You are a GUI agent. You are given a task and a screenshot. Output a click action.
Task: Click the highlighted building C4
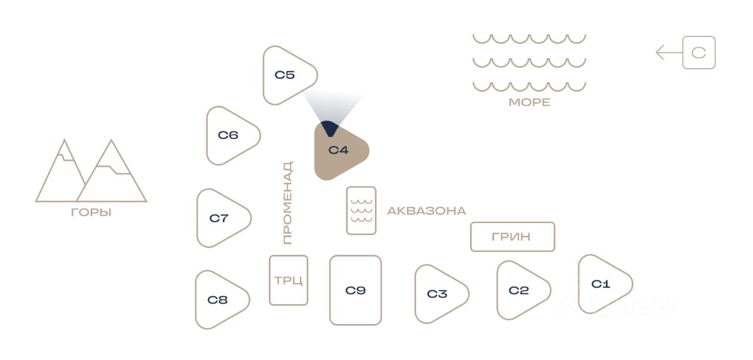pos(339,151)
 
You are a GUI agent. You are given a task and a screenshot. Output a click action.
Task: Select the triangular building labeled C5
pos(286,75)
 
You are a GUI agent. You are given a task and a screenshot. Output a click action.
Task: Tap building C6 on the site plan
pos(229,135)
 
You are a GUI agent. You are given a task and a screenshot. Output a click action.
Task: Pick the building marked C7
pos(220,218)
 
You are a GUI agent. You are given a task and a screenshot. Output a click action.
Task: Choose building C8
pos(219,300)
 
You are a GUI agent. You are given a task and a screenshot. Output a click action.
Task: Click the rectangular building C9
pos(355,290)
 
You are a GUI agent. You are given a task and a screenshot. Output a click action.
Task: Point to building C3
pos(438,294)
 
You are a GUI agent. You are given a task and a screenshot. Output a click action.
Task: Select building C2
pos(520,291)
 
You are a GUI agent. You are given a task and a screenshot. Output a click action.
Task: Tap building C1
pos(602,284)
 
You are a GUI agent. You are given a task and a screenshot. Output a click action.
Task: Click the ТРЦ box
pos(288,280)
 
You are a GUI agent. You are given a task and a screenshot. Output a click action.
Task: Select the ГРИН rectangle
pos(512,236)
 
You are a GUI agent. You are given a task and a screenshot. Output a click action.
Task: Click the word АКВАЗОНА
pos(427,211)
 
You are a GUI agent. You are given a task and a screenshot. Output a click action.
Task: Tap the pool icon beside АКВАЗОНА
pos(361,211)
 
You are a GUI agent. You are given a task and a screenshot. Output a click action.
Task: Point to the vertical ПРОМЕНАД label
pos(287,203)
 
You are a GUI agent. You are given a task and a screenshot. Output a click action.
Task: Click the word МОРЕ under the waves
pos(529,102)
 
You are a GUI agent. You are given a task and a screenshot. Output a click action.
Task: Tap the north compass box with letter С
pos(699,53)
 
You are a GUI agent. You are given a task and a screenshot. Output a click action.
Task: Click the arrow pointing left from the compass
pos(668,53)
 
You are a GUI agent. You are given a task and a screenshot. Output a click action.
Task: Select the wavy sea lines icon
pos(529,62)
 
